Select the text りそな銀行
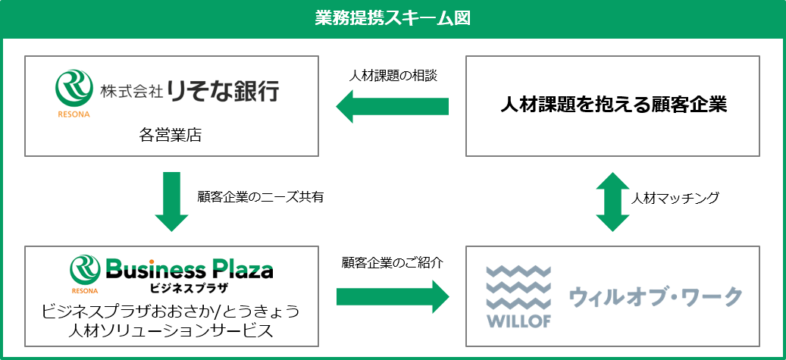click(223, 92)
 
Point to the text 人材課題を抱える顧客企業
click(613, 105)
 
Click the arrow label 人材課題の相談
click(393, 77)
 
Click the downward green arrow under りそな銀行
click(171, 201)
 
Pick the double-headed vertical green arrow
click(613, 202)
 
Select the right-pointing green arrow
click(393, 295)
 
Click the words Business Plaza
click(189, 269)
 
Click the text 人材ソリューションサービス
click(170, 330)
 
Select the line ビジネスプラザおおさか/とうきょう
click(170, 310)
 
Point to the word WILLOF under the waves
click(518, 320)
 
